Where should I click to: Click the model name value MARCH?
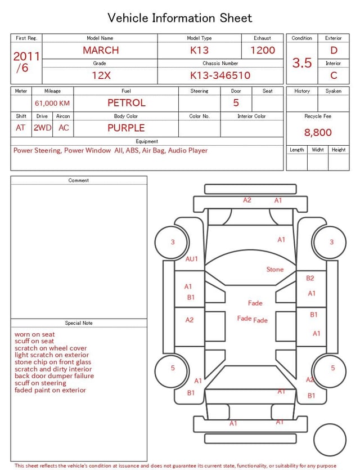tap(101, 50)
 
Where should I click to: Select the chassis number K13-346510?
tap(220, 75)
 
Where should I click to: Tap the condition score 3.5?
tap(302, 62)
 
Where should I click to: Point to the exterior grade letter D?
tap(334, 50)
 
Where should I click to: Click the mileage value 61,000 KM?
tap(52, 104)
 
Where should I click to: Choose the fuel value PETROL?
tap(126, 103)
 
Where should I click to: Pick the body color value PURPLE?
tap(126, 128)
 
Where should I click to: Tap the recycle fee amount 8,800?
tap(318, 132)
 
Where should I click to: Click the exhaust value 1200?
tap(262, 50)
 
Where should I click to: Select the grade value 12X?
tap(101, 75)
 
